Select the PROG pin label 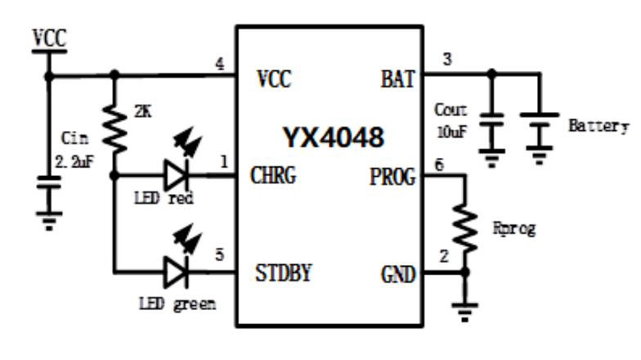click(x=392, y=176)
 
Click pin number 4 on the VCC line click(x=219, y=62)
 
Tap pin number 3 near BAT click(x=446, y=60)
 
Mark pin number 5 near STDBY click(x=218, y=254)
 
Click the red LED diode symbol click(x=177, y=174)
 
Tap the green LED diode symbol click(x=177, y=271)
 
